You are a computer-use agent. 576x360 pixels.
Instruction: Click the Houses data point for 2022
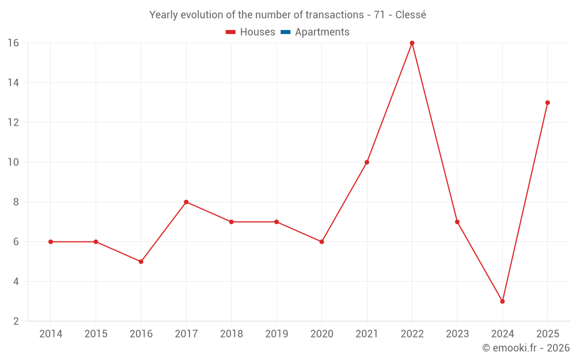412,43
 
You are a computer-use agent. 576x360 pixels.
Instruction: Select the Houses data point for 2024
502,301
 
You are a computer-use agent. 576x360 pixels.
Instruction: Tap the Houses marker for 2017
186,202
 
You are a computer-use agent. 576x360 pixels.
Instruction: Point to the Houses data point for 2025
547,103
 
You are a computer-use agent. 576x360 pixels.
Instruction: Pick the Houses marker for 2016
141,262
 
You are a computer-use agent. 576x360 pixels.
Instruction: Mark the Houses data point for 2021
367,162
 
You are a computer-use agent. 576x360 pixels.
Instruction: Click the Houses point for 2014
51,242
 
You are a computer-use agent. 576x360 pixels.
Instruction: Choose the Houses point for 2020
321,242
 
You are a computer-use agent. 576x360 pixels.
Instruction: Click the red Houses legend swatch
231,32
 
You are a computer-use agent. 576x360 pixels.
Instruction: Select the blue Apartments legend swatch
286,32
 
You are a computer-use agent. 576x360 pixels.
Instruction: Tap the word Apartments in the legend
322,32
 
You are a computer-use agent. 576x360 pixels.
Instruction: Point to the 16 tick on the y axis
13,43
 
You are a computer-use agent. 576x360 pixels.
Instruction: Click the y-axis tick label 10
13,162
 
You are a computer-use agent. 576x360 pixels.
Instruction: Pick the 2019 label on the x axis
276,334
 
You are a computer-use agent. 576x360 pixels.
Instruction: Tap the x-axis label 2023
457,334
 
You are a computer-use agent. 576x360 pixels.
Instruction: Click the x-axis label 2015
96,334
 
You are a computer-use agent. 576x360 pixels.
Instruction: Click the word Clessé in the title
411,15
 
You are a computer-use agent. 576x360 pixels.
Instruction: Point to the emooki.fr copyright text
526,348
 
